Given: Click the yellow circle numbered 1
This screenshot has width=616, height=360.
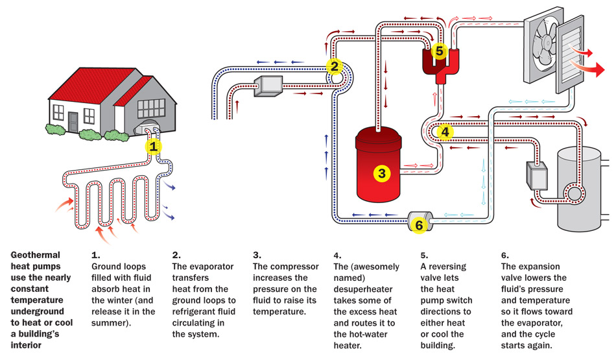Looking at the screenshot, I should point(154,147).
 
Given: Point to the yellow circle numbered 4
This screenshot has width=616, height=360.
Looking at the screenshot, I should point(445,132).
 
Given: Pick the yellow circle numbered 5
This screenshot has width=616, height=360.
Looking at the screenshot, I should point(440,50).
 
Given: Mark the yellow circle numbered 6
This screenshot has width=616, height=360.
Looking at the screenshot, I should point(419,224).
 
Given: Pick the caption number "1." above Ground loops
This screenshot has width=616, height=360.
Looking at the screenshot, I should point(96,255).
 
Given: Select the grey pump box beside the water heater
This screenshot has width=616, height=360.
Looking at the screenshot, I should point(538,174).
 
